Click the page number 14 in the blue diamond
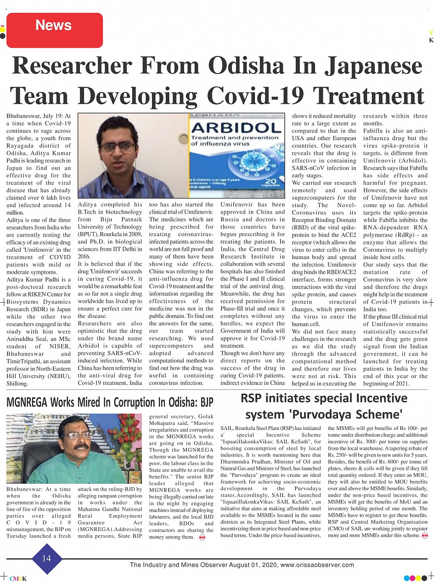click(x=47, y=558)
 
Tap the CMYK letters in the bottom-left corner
click(x=18, y=578)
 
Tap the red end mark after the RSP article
click(x=424, y=535)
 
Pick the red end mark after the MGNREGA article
click(x=203, y=537)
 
